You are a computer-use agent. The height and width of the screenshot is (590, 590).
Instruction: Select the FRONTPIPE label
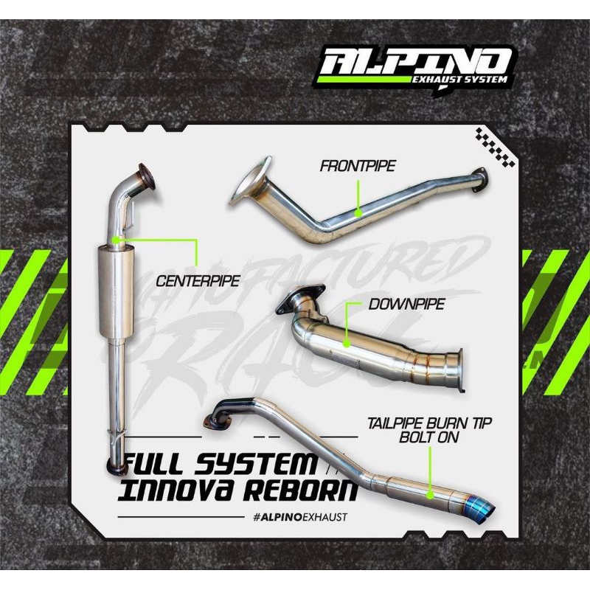[358, 166]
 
